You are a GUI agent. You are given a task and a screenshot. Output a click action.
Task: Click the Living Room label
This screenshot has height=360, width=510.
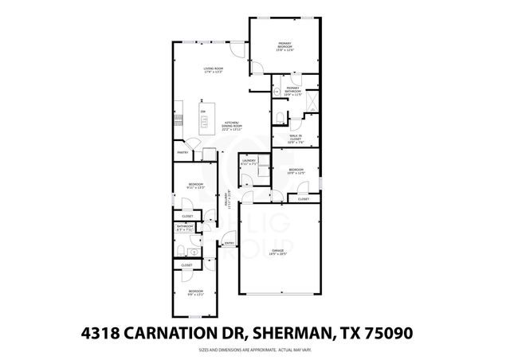click(x=213, y=70)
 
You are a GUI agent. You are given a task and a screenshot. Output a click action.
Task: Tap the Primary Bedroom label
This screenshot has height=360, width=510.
click(x=285, y=47)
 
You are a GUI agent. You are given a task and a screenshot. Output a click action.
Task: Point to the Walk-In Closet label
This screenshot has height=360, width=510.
click(x=295, y=140)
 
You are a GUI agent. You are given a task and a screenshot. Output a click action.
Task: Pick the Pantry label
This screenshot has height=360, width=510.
click(x=182, y=151)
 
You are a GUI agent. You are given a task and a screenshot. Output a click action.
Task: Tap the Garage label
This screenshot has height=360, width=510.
click(x=277, y=252)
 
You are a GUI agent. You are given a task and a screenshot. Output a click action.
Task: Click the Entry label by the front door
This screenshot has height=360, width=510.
click(x=229, y=244)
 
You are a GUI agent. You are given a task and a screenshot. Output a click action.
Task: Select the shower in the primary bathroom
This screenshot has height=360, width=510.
click(x=312, y=102)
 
